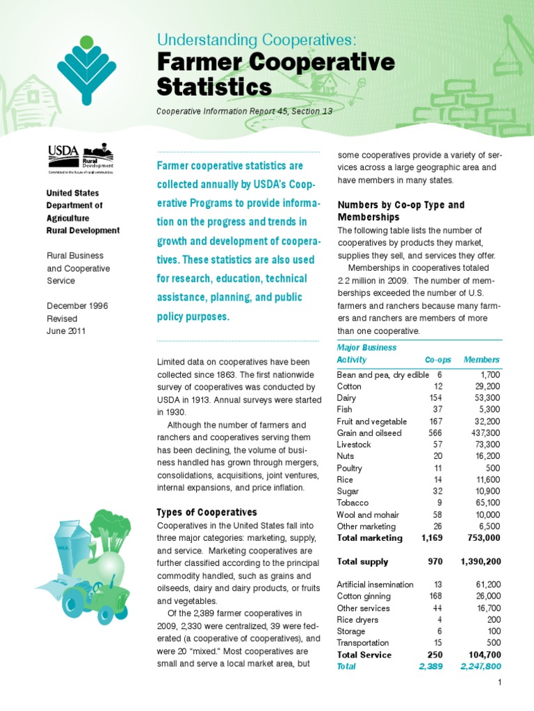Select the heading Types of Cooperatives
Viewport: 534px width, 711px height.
(x=207, y=512)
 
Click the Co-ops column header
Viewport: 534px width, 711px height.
(x=438, y=360)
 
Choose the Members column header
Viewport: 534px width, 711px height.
(x=481, y=360)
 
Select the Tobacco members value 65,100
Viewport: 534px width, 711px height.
(x=483, y=503)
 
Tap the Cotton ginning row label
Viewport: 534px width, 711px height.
(x=364, y=596)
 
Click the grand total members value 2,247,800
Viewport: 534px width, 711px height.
(x=479, y=667)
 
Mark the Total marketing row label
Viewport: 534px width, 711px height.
(x=369, y=537)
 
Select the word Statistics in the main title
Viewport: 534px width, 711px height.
(x=213, y=87)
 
